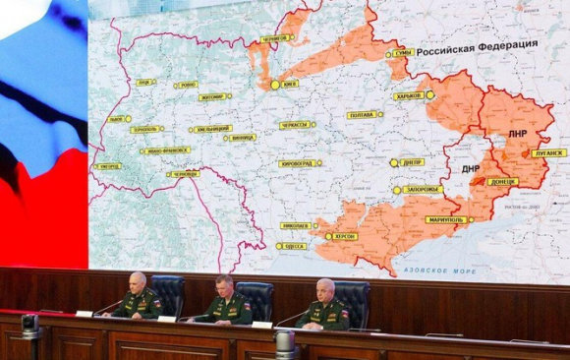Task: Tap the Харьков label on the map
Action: tap(409, 95)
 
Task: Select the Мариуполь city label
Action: tap(445, 219)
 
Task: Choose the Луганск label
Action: tap(547, 152)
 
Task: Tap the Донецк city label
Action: tap(502, 181)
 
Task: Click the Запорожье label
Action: tap(423, 189)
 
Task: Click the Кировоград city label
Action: tap(298, 163)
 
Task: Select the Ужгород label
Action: tap(108, 166)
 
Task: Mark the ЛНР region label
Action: tap(519, 132)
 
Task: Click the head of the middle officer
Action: tap(223, 284)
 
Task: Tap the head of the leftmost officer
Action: tap(138, 281)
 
